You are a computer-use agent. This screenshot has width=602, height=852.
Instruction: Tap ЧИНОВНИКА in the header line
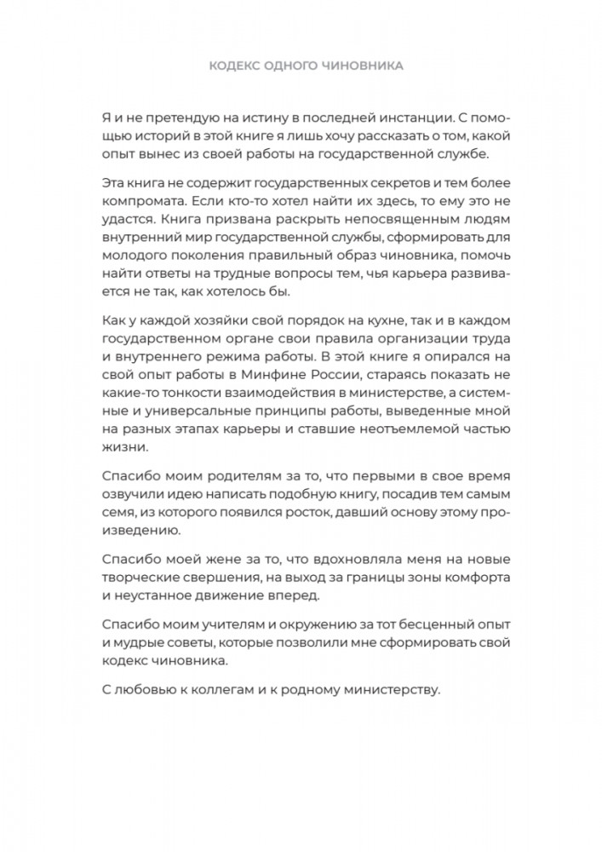[x=357, y=66]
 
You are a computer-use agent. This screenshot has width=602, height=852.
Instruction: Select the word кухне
[x=369, y=320]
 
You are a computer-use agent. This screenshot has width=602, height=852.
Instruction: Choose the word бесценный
[x=416, y=622]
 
